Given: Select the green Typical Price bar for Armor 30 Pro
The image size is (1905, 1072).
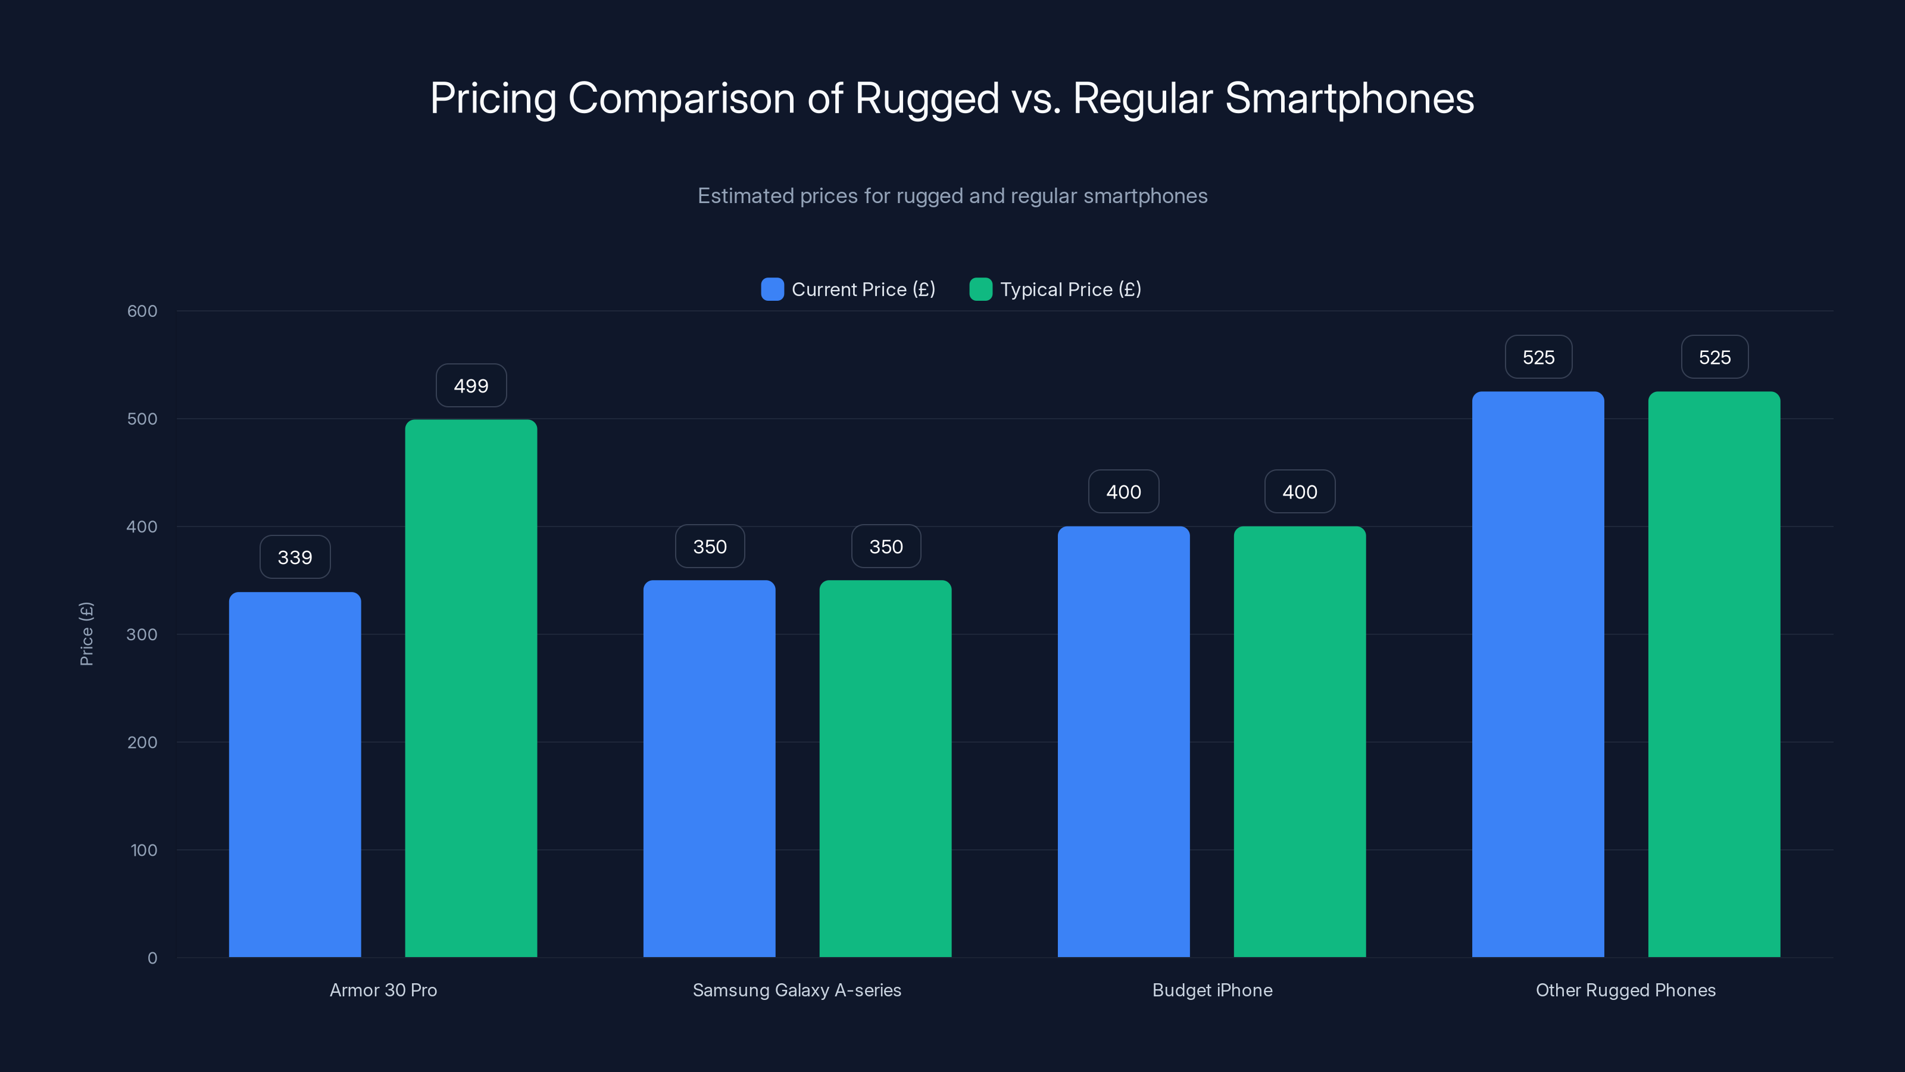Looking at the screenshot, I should click(x=471, y=688).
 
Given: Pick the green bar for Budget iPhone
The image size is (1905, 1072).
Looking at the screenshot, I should click(x=1300, y=741).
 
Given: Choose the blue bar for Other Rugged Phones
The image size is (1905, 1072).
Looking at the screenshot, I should click(x=1538, y=674).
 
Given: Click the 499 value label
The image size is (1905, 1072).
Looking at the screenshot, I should click(x=471, y=385).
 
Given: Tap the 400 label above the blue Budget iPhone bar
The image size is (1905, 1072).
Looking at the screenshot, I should click(x=1123, y=492).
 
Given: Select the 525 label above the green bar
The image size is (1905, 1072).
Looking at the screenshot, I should click(x=1714, y=357).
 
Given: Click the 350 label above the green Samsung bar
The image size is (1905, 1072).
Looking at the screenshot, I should click(x=886, y=547).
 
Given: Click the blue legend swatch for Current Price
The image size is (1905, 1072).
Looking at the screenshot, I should click(x=772, y=289).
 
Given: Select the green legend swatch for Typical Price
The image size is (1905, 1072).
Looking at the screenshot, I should click(x=980, y=289).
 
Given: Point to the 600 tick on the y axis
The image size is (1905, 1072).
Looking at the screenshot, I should click(x=142, y=311).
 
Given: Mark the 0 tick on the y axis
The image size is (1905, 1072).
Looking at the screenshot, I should click(x=152, y=958).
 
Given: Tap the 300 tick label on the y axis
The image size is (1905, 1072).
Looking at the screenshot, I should click(x=142, y=635).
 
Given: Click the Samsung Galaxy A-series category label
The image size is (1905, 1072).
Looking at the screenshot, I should click(x=797, y=990).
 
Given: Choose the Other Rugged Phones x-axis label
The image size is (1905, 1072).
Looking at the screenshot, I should click(x=1625, y=990).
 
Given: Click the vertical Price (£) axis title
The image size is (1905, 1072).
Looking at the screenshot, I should click(x=86, y=634).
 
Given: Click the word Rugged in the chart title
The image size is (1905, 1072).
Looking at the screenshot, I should click(x=927, y=98).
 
